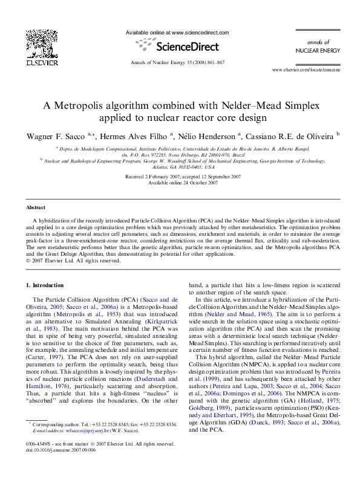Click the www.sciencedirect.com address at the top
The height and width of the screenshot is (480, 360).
pyautogui.click(x=200, y=32)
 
